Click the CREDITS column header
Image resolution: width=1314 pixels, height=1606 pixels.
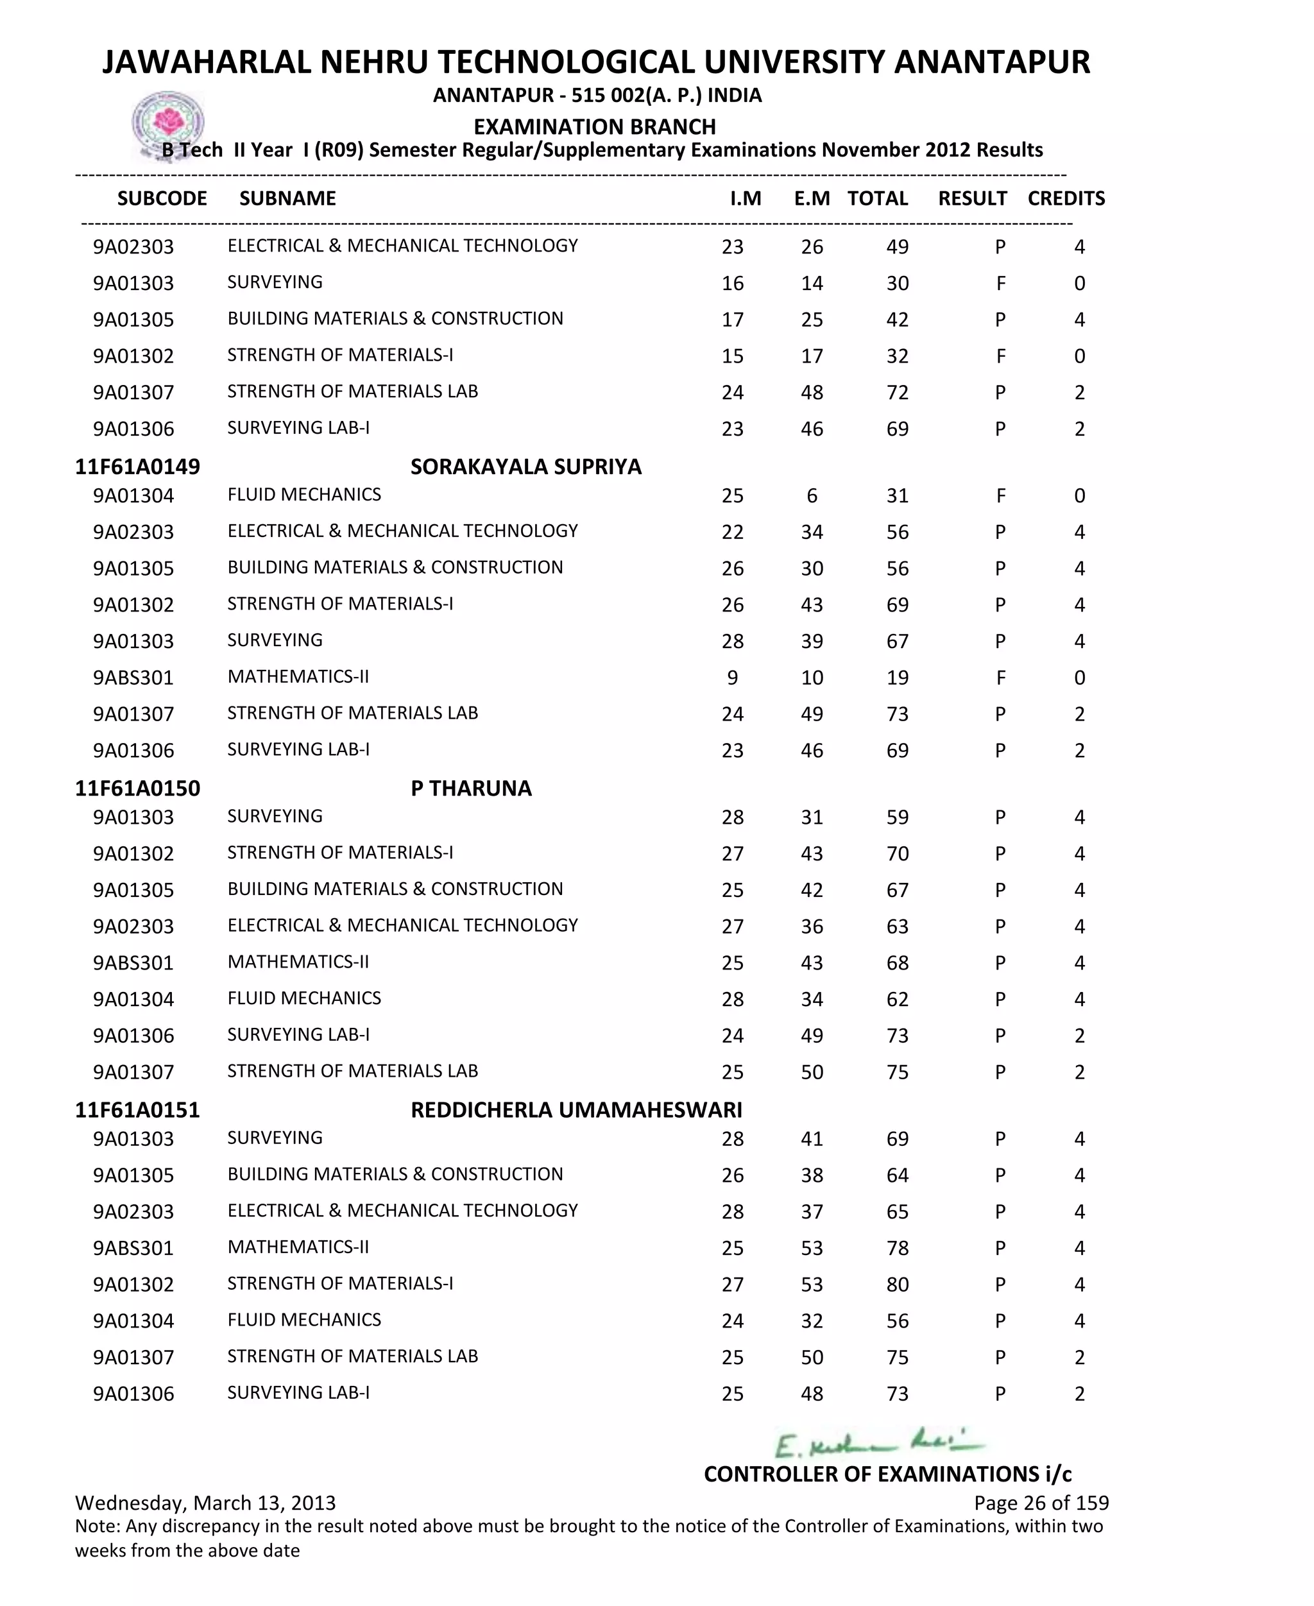[x=1066, y=198]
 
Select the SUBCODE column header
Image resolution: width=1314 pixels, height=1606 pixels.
[x=162, y=198]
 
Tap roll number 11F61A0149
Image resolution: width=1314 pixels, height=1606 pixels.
[x=137, y=466]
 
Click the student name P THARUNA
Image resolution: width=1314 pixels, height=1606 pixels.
[x=471, y=788]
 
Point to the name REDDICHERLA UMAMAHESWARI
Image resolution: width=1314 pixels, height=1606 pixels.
[x=576, y=1109]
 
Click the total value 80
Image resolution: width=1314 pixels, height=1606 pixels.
[x=897, y=1285]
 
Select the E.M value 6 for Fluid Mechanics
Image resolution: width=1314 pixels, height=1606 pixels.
[x=812, y=496]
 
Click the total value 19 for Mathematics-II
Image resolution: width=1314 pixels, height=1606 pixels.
[x=897, y=678]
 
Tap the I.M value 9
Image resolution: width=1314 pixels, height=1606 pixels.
[x=732, y=678]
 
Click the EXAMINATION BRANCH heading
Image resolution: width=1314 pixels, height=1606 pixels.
[x=594, y=126]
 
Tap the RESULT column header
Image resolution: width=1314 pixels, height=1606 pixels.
[x=972, y=198]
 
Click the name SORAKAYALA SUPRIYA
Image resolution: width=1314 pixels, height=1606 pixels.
[x=525, y=466]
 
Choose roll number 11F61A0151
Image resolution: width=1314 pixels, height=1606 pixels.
[x=137, y=1109]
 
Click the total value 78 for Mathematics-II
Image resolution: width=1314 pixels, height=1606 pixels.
[x=897, y=1248]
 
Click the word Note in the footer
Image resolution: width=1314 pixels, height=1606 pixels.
[x=97, y=1526]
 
